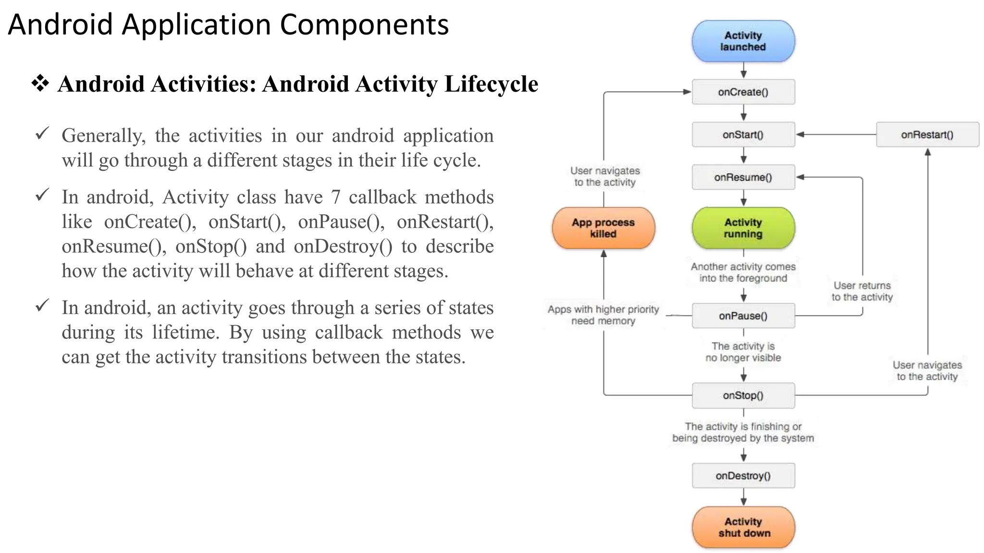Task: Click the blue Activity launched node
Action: pos(743,41)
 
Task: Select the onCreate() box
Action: pos(743,92)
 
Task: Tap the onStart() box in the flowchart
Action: pos(743,135)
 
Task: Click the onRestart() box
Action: pos(927,135)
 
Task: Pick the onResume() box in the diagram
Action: pos(743,178)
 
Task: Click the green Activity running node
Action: pos(743,228)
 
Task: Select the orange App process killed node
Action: pos(603,228)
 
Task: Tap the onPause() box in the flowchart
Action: pos(743,316)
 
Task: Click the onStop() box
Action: pos(743,396)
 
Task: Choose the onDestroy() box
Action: pos(743,476)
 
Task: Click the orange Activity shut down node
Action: pos(743,527)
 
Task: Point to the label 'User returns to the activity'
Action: pos(862,291)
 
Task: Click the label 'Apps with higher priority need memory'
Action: pos(603,315)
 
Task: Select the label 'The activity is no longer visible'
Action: pos(743,352)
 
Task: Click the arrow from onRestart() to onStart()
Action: pos(836,135)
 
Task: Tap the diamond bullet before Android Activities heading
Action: pos(40,84)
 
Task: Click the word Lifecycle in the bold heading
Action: pos(491,84)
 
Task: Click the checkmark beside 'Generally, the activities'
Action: pos(42,133)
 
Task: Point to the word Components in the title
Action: pos(364,25)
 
